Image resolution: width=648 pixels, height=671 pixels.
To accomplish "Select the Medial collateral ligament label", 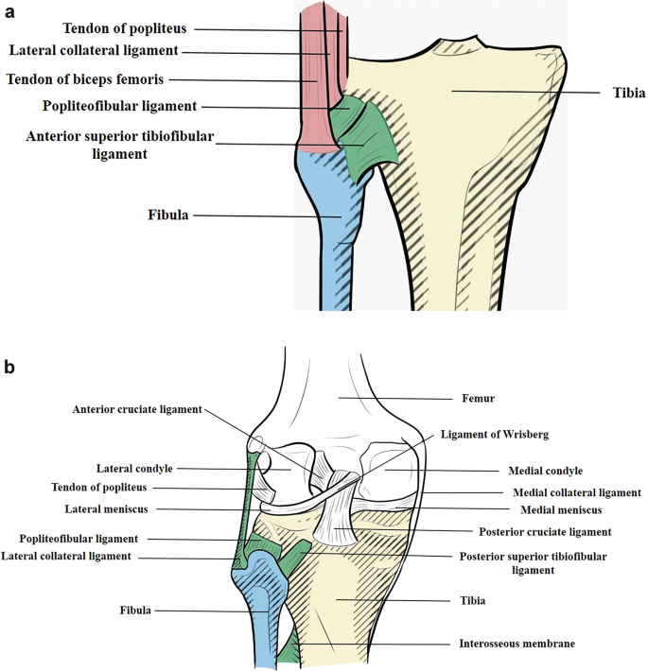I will click(577, 492).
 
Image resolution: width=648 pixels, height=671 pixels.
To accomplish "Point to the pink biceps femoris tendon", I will click(316, 85).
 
